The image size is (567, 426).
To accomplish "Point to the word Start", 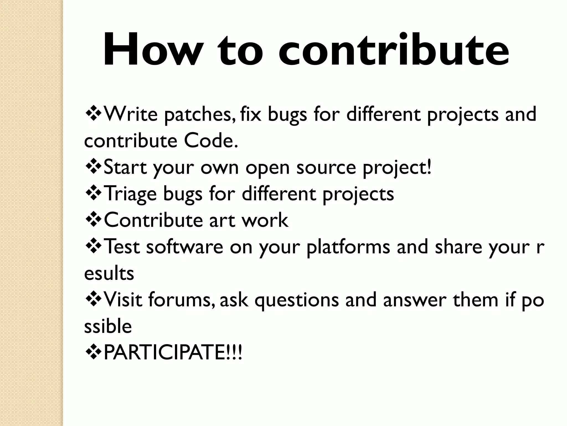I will click(125, 168).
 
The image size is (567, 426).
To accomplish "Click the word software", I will click(184, 247).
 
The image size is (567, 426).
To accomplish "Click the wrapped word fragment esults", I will click(109, 273).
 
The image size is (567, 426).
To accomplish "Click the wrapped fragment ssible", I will click(108, 326).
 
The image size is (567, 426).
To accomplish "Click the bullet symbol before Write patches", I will click(93, 114).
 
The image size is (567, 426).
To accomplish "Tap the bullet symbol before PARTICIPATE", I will click(93, 353).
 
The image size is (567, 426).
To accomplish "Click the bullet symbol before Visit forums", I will click(93, 300).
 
